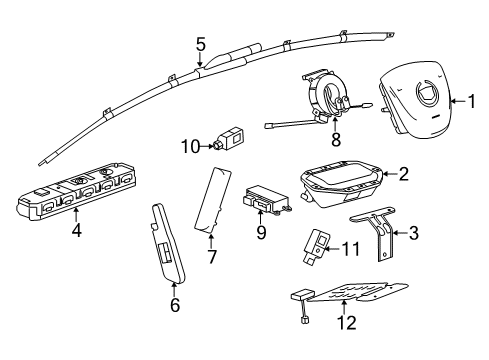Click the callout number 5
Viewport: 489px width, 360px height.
200,44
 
